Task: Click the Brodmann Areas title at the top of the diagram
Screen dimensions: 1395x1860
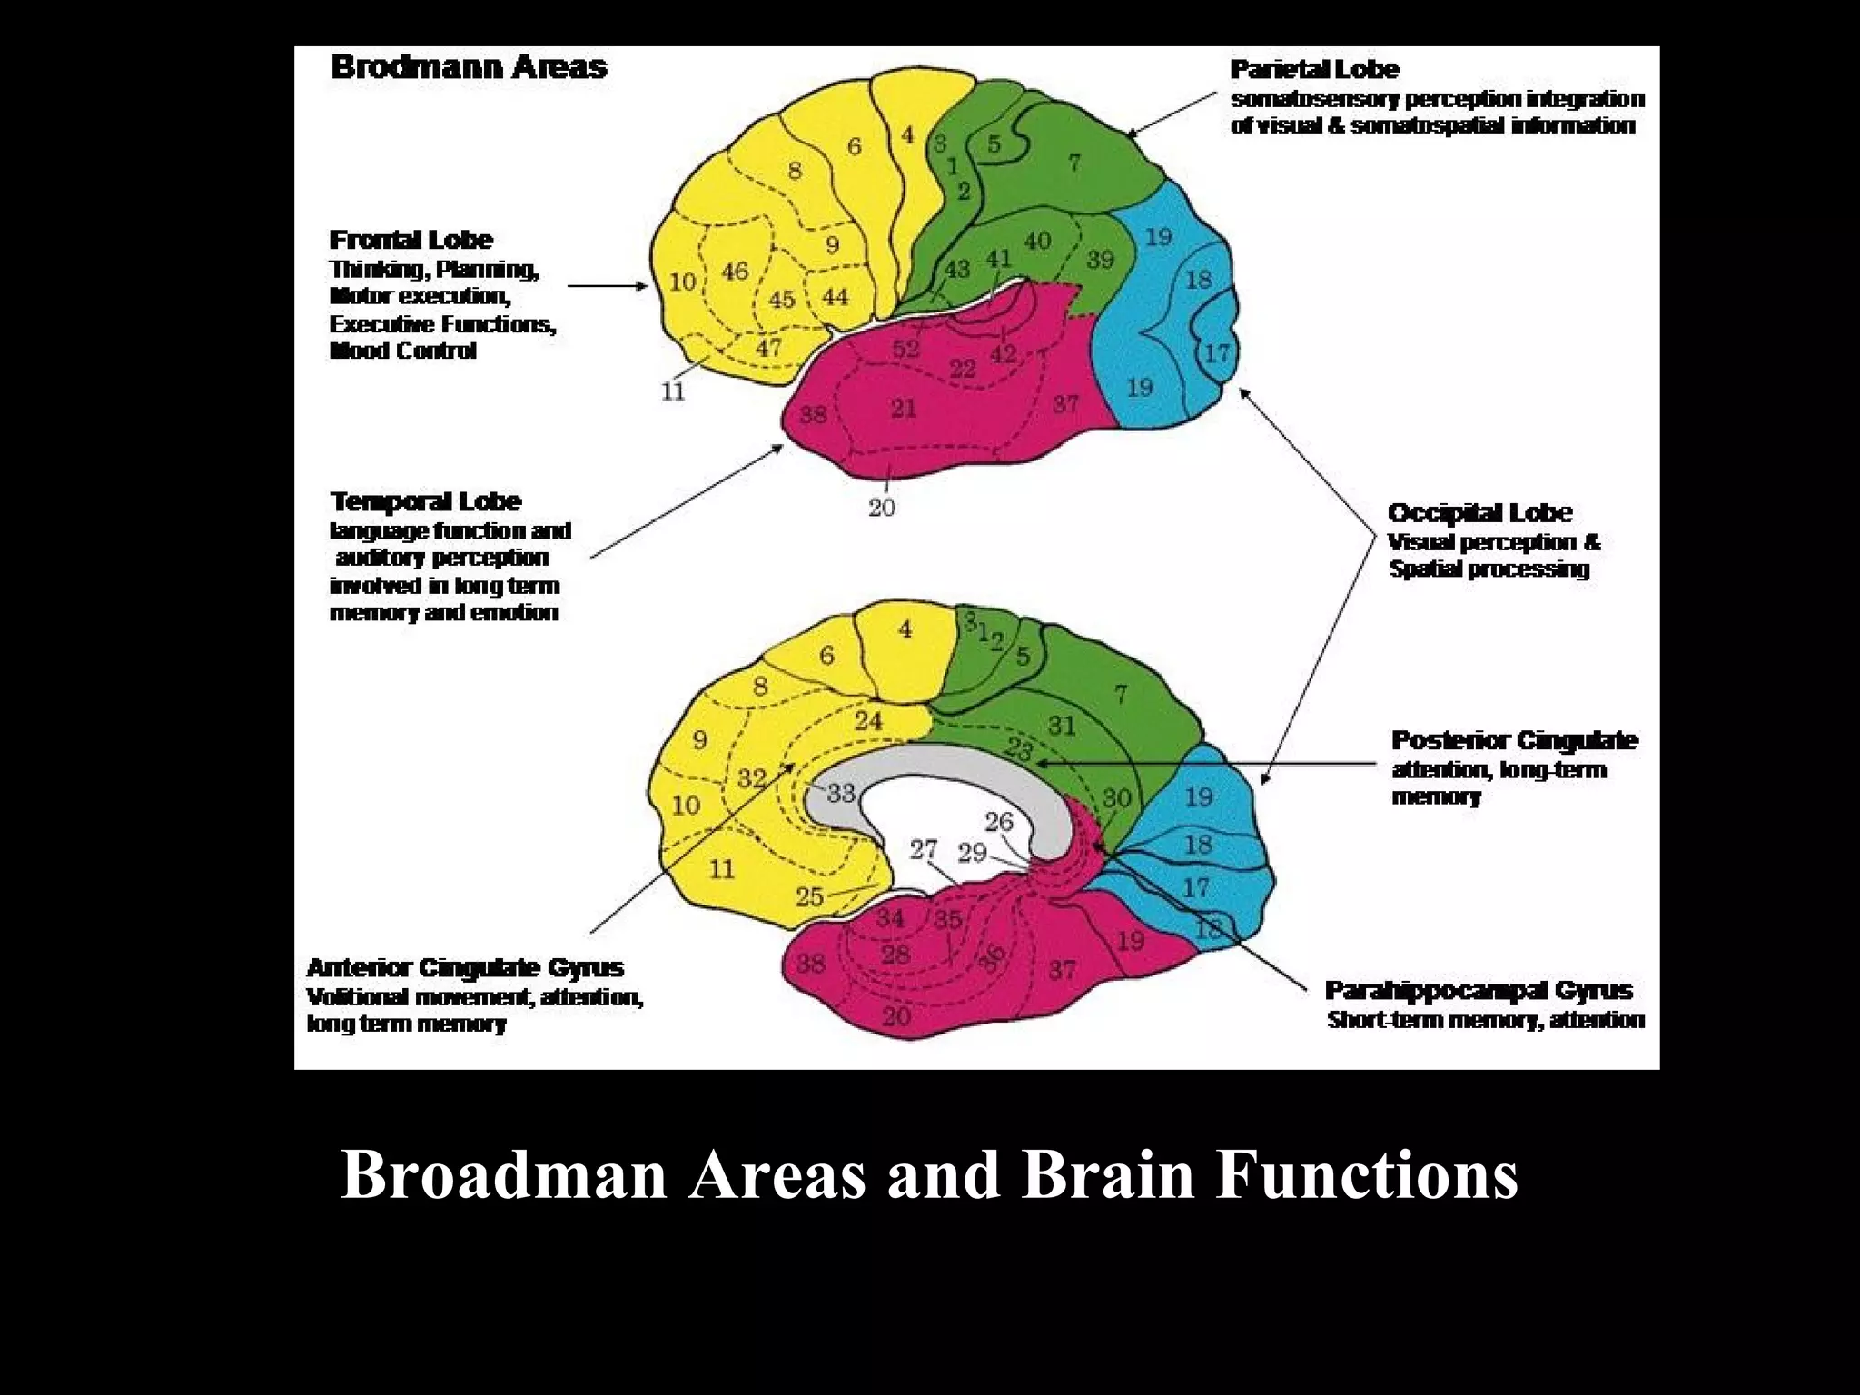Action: [x=469, y=67]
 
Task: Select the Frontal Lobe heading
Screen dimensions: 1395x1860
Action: [x=411, y=240]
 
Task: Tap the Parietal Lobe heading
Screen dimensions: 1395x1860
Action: [x=1314, y=69]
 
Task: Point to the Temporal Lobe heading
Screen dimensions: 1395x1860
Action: [x=425, y=501]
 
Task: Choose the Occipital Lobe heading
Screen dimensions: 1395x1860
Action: [x=1479, y=513]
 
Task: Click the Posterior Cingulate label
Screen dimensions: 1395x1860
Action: [x=1514, y=741]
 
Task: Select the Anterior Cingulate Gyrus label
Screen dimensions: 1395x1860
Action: [x=465, y=967]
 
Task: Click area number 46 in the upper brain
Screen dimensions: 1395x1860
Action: [x=735, y=271]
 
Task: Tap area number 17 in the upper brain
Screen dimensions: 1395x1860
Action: [x=1216, y=352]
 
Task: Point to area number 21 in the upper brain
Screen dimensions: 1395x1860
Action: [x=903, y=409]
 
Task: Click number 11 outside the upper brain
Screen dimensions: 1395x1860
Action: [x=673, y=392]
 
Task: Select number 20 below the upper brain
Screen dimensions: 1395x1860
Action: [x=882, y=508]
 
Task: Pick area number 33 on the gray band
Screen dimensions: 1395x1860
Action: [x=841, y=793]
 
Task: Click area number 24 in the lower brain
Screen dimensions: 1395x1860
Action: [x=868, y=721]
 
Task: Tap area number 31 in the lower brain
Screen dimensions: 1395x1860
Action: [x=1061, y=726]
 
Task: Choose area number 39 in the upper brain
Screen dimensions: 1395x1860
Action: [x=1100, y=260]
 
